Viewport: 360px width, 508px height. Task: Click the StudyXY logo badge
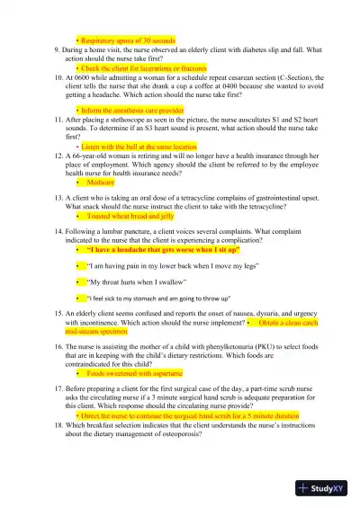point(323,487)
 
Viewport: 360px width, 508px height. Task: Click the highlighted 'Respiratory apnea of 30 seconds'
point(128,40)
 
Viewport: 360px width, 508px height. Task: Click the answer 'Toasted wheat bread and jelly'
point(130,217)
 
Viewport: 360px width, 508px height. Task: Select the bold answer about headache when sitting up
point(150,251)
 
